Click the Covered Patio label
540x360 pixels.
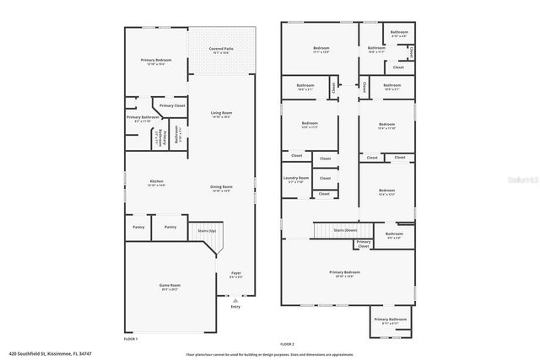pos(222,51)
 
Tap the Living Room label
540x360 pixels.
pos(221,115)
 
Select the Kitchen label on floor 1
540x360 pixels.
pos(156,182)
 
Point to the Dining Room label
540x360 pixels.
pos(221,188)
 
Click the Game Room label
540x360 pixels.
pos(171,287)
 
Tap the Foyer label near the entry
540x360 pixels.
pos(236,275)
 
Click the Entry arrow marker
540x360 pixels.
pos(235,299)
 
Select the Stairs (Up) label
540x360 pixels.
pos(207,229)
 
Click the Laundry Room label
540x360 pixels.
pos(295,180)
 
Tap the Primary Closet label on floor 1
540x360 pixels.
pos(172,105)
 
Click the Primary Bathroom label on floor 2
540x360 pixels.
pos(391,320)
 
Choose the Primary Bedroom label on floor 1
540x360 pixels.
pos(156,62)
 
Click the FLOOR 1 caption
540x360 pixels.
pos(131,339)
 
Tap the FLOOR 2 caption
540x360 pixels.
pos(287,345)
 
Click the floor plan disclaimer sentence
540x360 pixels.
pos(270,353)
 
